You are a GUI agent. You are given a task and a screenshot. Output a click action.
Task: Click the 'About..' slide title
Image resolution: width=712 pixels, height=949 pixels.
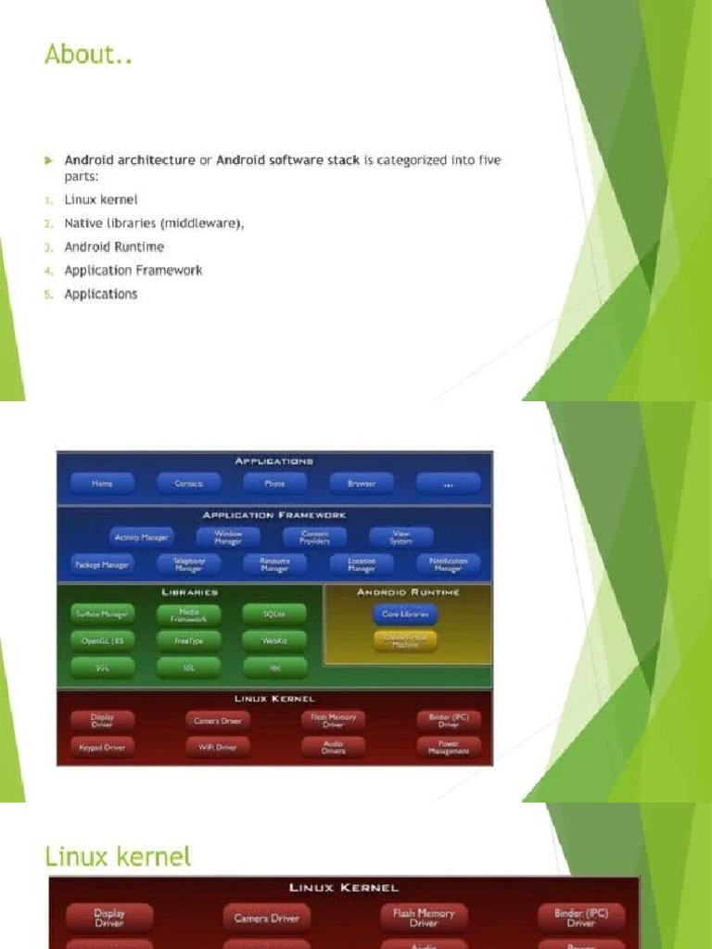[x=89, y=55]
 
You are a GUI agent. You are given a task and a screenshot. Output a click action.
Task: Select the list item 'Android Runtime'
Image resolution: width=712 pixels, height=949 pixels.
[x=114, y=247]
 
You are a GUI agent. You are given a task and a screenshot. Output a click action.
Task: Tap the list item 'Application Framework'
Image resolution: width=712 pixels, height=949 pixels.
[x=133, y=271]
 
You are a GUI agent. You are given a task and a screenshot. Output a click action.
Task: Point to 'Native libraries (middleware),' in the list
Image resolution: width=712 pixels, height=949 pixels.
[x=154, y=223]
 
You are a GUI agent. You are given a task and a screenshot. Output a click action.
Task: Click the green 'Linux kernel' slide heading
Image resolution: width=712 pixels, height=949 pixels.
[x=118, y=855]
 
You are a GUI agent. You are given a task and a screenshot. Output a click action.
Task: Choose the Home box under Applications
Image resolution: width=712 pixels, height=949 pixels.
[x=102, y=484]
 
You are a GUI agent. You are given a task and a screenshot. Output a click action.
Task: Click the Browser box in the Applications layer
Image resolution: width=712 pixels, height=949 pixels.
[x=362, y=484]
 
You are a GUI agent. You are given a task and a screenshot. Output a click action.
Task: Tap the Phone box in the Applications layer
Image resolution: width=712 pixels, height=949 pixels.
[x=275, y=484]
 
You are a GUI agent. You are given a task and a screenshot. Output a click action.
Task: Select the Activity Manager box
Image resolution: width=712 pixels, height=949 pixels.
[x=141, y=538]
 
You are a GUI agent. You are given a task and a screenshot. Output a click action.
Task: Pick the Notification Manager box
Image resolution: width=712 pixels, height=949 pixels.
[x=449, y=564]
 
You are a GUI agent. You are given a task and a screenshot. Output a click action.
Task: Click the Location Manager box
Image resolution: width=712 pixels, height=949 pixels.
[x=362, y=564]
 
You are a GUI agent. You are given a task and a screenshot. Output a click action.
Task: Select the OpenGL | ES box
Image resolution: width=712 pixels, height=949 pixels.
[x=102, y=640]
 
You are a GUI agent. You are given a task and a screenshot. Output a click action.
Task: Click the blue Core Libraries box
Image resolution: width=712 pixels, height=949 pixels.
[x=405, y=614]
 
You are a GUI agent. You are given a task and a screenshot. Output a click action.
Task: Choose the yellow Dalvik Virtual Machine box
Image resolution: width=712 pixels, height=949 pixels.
[x=405, y=640]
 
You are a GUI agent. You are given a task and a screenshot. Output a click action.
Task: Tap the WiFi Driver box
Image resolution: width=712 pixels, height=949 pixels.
[x=217, y=747]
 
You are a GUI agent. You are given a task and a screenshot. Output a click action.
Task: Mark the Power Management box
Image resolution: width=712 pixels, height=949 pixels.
[x=449, y=747]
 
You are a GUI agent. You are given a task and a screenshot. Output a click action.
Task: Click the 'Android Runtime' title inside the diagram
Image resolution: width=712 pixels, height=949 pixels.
[x=408, y=592]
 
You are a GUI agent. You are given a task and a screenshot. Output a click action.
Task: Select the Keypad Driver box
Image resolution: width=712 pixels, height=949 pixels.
[x=102, y=747]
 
